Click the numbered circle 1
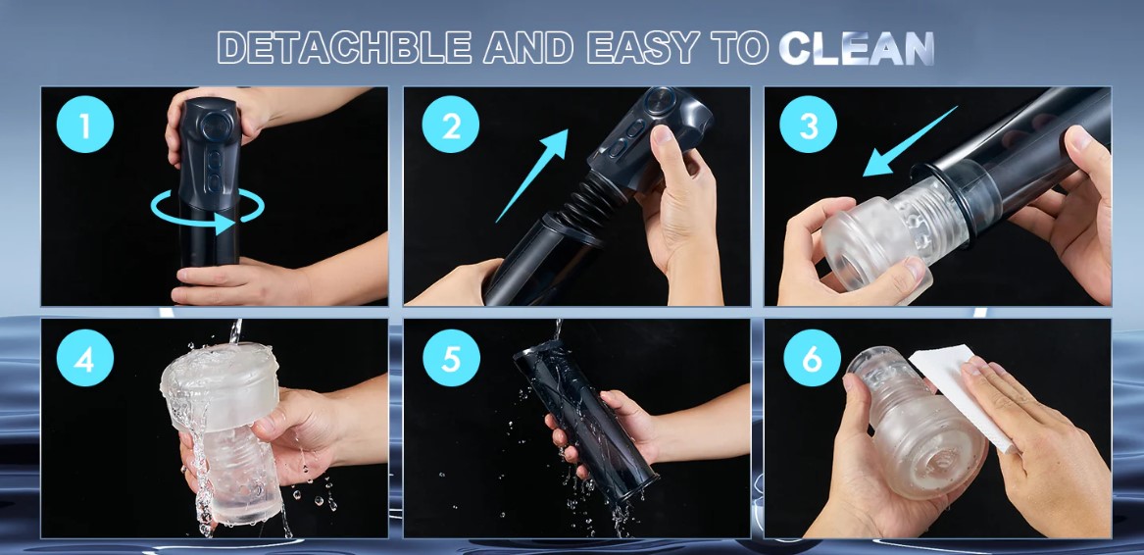click(85, 125)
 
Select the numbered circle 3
click(809, 125)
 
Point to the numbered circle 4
click(85, 358)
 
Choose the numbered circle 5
click(451, 358)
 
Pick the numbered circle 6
click(812, 358)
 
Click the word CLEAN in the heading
click(857, 48)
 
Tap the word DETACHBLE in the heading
click(344, 48)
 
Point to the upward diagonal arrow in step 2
click(532, 176)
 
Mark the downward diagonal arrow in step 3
click(910, 141)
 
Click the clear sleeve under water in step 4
click(223, 430)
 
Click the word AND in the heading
click(529, 48)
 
